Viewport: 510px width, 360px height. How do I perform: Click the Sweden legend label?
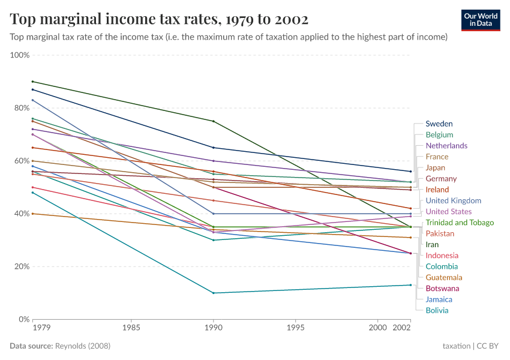click(x=439, y=124)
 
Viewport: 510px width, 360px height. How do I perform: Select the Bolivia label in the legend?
click(x=437, y=310)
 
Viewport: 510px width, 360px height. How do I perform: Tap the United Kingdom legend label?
click(x=453, y=200)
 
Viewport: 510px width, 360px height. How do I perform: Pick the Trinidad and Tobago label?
click(x=460, y=223)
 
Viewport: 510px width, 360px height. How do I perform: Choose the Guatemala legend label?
click(x=444, y=277)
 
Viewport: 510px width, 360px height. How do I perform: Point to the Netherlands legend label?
click(x=446, y=146)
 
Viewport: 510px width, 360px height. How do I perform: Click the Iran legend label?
click(x=432, y=245)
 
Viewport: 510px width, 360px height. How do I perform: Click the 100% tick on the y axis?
click(x=20, y=55)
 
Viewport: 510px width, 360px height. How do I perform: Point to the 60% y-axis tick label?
click(x=21, y=161)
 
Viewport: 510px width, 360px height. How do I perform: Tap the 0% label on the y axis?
click(x=24, y=319)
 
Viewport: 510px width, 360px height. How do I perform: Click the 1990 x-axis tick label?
click(x=212, y=328)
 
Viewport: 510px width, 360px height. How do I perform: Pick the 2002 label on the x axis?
click(x=401, y=328)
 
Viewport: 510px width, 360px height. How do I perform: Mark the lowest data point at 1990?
click(x=212, y=293)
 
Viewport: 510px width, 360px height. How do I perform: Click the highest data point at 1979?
click(x=32, y=82)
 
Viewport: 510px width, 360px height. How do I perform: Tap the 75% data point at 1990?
click(x=212, y=121)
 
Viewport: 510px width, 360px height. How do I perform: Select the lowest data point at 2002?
click(x=410, y=285)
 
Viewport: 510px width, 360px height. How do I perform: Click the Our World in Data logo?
click(x=481, y=20)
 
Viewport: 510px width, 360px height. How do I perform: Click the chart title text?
click(x=159, y=20)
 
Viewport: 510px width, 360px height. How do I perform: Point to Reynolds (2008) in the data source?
click(x=82, y=346)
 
